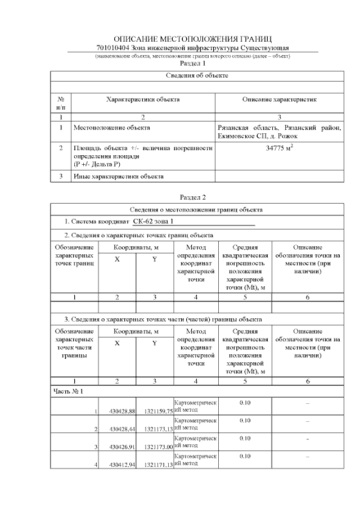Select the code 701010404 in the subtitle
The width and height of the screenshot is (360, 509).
click(x=112, y=48)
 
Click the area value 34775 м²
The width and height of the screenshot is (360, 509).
click(x=279, y=148)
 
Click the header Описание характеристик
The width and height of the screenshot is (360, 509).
click(x=279, y=100)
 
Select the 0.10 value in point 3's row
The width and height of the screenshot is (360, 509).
click(x=245, y=438)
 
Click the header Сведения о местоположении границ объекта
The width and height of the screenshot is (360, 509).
click(x=197, y=210)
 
